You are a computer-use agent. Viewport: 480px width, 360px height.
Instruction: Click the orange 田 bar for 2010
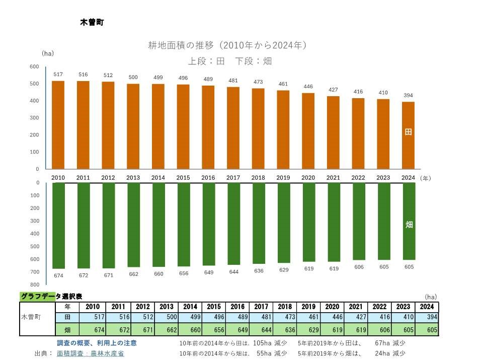tap(58, 125)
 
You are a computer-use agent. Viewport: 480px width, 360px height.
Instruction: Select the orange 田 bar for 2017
tap(233, 128)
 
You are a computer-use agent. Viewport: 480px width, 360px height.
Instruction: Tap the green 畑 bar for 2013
tap(133, 225)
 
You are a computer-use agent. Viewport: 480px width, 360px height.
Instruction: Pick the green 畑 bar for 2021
tap(334, 222)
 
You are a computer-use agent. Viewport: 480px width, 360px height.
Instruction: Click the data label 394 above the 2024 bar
tap(408, 95)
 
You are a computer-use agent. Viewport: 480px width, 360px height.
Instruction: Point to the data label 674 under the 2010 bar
tap(58, 275)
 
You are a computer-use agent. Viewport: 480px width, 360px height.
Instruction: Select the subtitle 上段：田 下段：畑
tap(229, 61)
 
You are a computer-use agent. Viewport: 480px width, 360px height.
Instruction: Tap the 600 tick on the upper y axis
tap(34, 66)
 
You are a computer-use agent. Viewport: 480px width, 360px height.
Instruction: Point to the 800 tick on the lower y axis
tap(34, 285)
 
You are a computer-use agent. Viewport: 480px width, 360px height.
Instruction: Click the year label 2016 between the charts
tap(208, 178)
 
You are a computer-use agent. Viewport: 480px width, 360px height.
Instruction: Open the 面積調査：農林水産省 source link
tap(90, 353)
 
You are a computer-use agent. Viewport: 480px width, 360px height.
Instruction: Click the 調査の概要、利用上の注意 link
tap(97, 343)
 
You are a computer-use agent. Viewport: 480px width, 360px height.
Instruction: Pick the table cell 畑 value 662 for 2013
tap(166, 330)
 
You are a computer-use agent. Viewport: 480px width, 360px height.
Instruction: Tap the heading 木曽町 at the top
tap(92, 22)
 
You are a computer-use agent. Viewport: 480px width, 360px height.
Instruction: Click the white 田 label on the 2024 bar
tap(408, 132)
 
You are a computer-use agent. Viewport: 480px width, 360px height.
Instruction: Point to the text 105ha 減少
tap(270, 343)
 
